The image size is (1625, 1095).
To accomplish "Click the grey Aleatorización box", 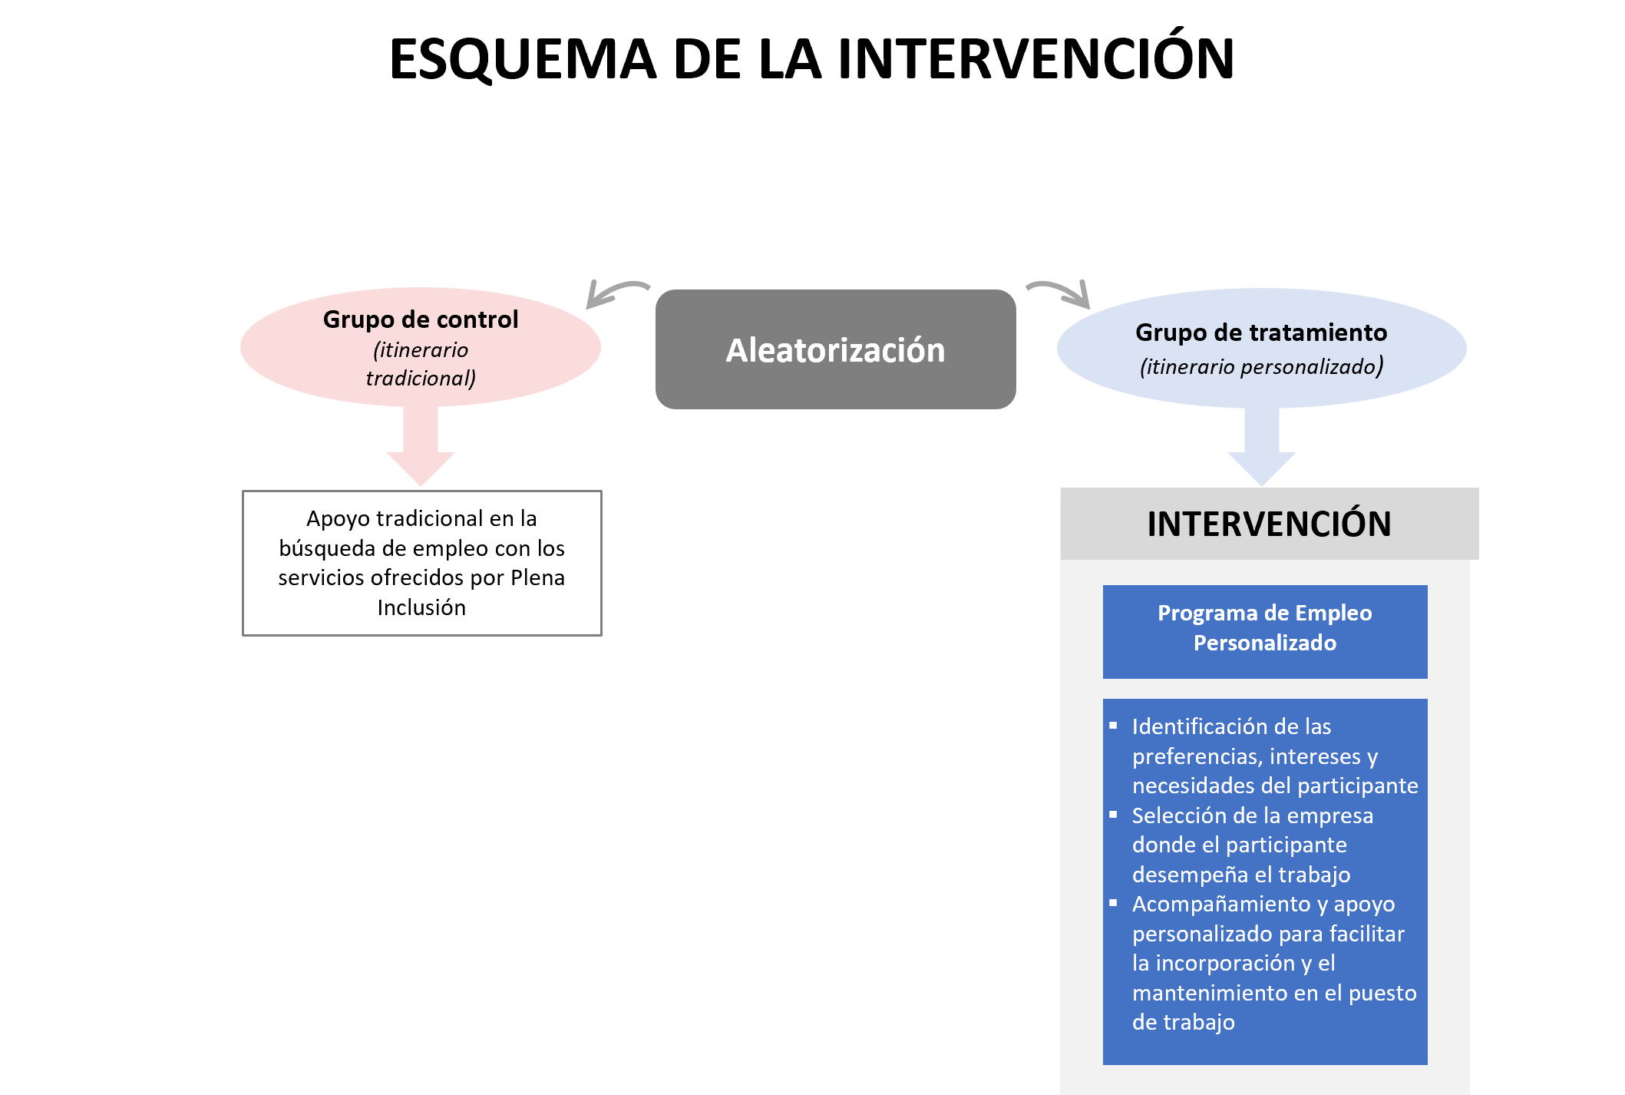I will pos(835,349).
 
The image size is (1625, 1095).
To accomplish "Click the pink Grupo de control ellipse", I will pos(420,347).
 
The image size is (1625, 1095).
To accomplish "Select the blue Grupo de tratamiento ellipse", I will pos(1261,348).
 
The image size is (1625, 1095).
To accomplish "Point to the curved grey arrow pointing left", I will pos(614,292).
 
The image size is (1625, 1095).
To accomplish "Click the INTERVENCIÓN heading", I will pos(1269,524).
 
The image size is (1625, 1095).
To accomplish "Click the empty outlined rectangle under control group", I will pos(421,563).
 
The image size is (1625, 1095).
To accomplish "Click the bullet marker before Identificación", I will pos(1113,725).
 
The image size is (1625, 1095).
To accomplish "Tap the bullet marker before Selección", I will pos(1113,814).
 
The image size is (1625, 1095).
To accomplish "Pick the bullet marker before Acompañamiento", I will pos(1113,903).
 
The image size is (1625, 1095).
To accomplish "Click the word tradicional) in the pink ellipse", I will pos(421,378).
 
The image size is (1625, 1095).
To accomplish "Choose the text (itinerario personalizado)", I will pos(1261,366).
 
